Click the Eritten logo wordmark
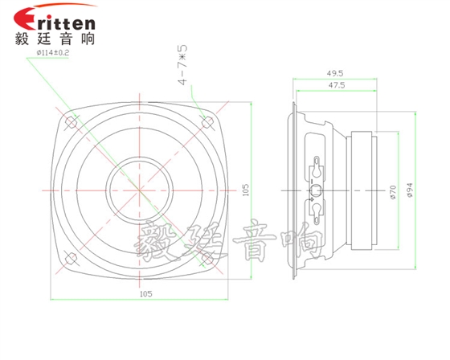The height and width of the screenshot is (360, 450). (55, 20)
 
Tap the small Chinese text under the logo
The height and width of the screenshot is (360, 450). (51, 39)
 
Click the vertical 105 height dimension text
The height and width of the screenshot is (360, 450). (246, 190)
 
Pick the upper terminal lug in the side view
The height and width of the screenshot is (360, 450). (318, 171)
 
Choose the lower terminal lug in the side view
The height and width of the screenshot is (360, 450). (318, 210)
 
